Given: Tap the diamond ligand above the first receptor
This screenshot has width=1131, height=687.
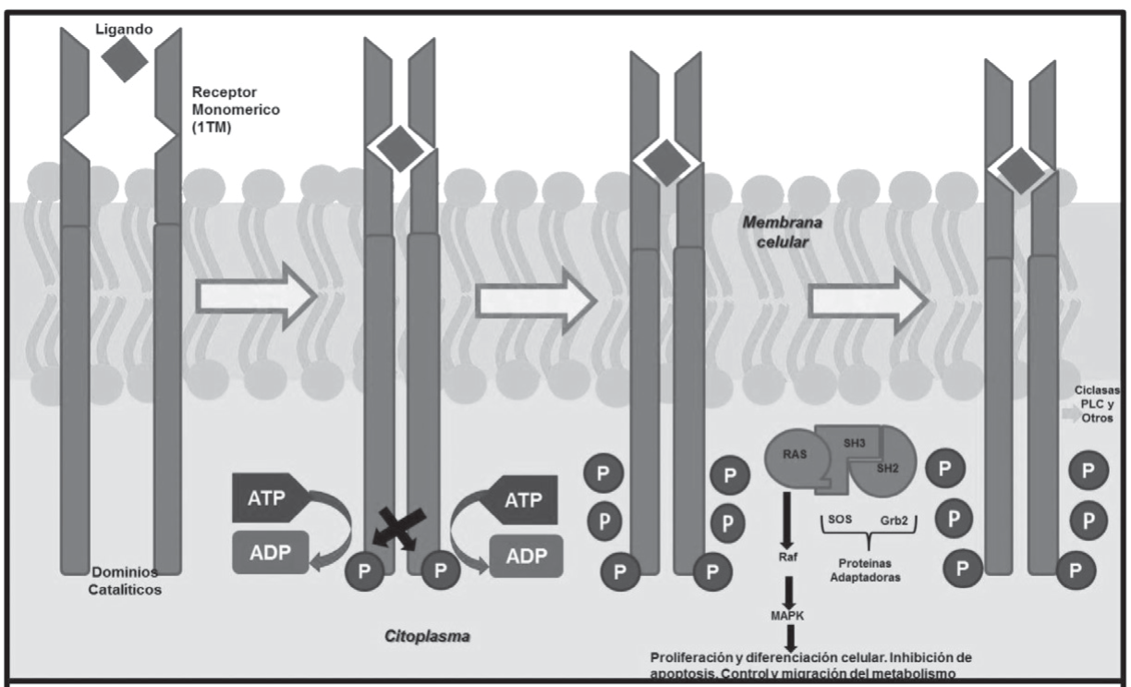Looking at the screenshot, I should pos(124,61).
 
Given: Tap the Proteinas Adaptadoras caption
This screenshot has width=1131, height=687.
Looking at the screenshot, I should pos(870,568).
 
